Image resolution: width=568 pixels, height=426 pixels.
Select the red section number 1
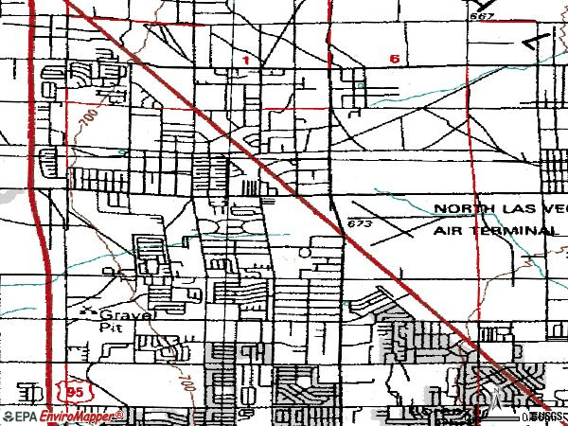point(245,60)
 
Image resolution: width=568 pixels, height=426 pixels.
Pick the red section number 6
point(393,59)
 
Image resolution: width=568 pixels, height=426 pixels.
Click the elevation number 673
point(357,224)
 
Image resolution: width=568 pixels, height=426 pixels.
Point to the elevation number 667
point(482,17)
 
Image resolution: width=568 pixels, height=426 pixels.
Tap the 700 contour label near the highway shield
point(184,384)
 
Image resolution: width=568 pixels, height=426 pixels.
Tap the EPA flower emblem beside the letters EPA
point(9,417)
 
